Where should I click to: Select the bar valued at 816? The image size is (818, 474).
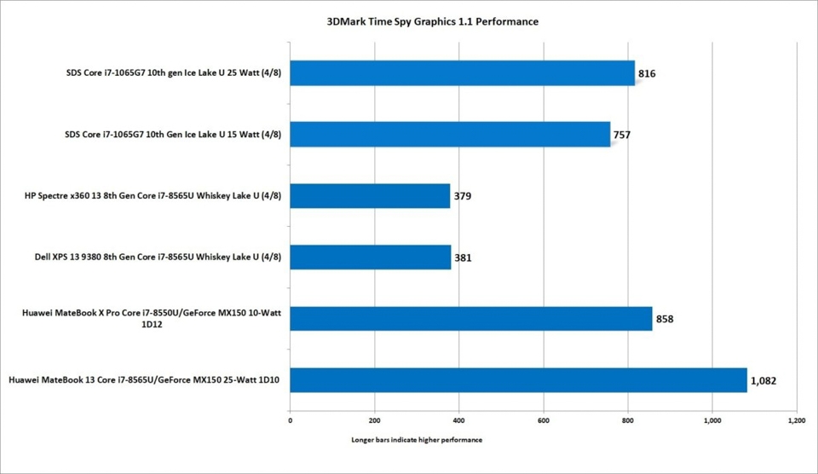462,73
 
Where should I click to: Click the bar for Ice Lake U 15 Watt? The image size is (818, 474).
450,135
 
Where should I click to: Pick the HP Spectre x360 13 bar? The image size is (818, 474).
370,196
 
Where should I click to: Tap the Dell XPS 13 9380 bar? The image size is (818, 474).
371,257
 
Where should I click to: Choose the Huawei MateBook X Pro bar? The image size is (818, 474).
470,319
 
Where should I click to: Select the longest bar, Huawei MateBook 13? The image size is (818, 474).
518,380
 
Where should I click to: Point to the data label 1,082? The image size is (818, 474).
763,381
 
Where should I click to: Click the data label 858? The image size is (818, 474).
665,320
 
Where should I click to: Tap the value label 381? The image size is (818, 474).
463,257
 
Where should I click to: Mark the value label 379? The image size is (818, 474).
462,196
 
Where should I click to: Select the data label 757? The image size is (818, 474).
622,135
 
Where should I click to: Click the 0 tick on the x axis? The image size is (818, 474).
291,420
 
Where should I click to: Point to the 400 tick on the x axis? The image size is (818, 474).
459,420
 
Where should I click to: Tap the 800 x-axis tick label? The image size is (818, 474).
628,420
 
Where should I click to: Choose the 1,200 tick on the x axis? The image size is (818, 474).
796,420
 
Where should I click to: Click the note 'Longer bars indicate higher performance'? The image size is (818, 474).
417,441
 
